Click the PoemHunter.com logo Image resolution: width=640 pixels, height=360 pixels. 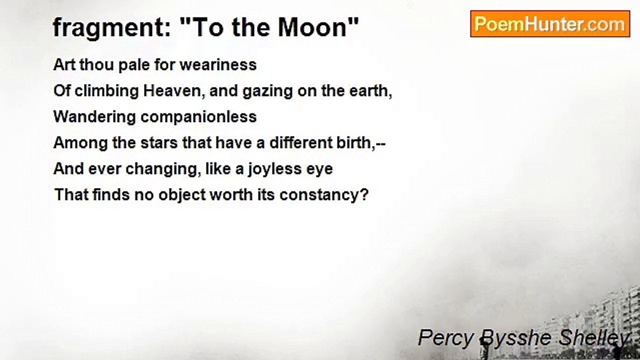[x=549, y=24]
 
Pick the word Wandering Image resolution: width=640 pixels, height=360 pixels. [x=94, y=117]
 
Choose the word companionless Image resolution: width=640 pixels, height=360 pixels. [x=198, y=117]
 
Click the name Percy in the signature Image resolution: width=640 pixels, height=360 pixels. [x=438, y=338]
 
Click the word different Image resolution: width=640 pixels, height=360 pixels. [x=297, y=143]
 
